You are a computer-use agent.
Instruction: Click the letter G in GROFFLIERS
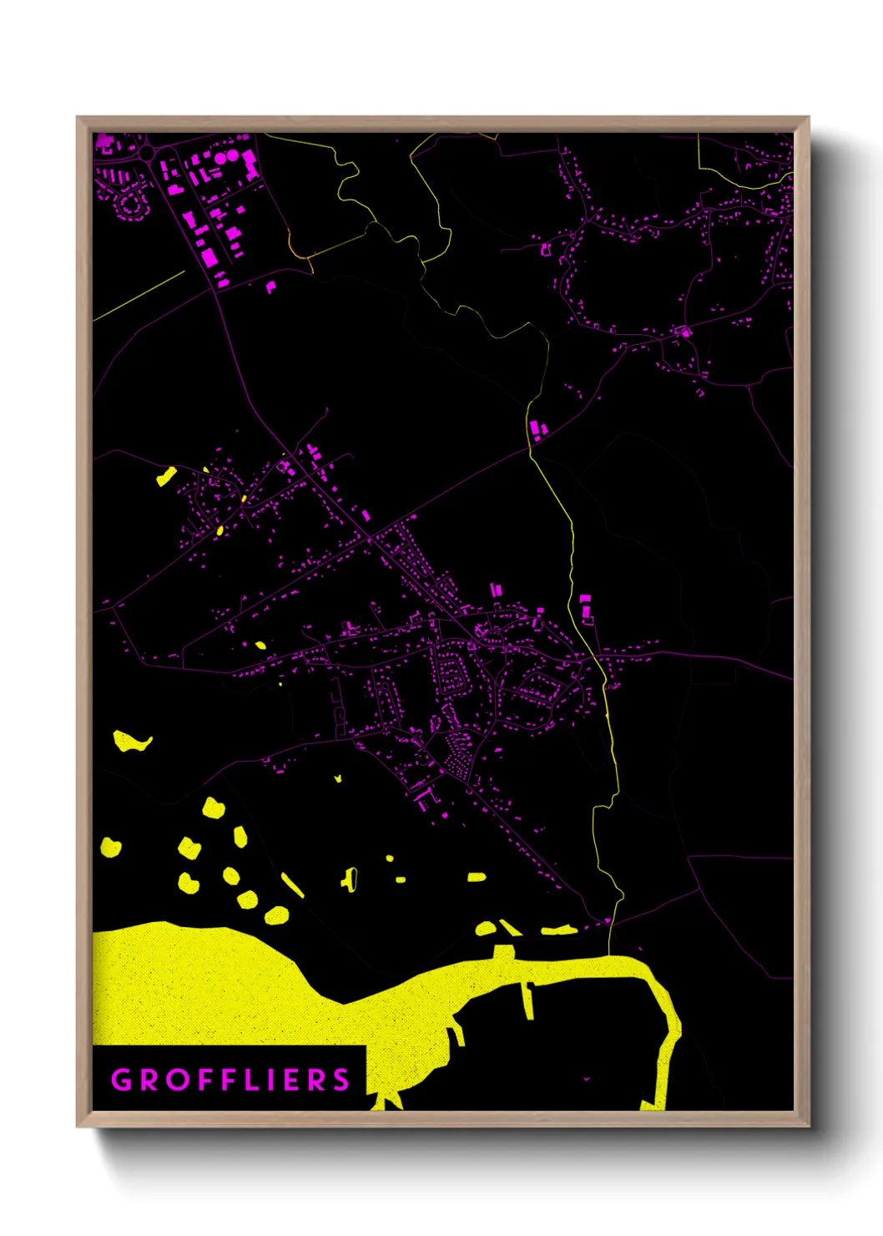click(x=122, y=1080)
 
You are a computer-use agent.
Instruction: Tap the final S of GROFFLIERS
click(x=341, y=1080)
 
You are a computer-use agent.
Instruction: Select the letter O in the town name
click(x=179, y=1080)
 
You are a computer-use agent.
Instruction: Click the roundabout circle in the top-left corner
click(x=147, y=153)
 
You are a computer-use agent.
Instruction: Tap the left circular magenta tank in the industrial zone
click(x=221, y=157)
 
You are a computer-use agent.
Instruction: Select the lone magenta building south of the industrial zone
click(x=270, y=286)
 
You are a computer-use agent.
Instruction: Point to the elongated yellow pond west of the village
click(x=167, y=477)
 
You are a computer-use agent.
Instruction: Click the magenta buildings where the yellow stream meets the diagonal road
click(x=537, y=431)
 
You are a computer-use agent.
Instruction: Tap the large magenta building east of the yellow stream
click(x=585, y=606)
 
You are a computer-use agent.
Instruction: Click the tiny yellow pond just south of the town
click(x=338, y=778)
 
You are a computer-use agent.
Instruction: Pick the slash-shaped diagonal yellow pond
click(x=292, y=885)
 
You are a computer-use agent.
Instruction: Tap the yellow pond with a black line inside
click(x=350, y=879)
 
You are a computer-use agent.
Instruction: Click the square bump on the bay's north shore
click(x=503, y=953)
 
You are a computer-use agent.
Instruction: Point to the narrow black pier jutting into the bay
click(x=527, y=1000)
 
